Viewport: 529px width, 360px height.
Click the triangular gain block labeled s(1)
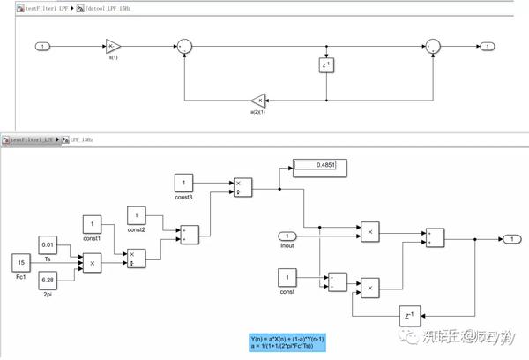point(113,46)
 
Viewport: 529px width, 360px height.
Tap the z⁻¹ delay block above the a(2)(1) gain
point(327,65)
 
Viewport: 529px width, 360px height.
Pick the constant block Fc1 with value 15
point(21,262)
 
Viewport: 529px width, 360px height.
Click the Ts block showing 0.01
point(49,243)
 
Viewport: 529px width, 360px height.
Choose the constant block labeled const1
point(93,224)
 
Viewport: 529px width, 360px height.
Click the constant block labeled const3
point(184,182)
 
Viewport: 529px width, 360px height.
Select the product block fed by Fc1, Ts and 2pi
point(93,262)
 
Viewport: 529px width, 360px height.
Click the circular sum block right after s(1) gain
point(183,46)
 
